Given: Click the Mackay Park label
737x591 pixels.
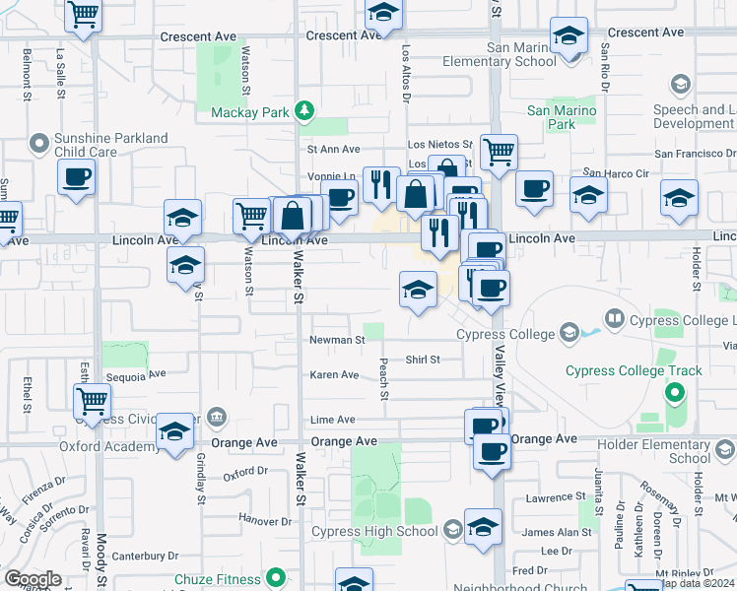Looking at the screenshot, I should pyautogui.click(x=250, y=112).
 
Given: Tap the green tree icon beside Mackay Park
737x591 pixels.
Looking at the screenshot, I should pyautogui.click(x=305, y=110).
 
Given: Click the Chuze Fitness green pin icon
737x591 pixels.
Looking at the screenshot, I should pyautogui.click(x=276, y=578).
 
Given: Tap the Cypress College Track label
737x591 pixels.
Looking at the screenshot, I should pyautogui.click(x=634, y=371).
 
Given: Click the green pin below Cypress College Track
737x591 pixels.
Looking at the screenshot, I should pyautogui.click(x=675, y=394).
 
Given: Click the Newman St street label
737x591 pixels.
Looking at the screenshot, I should pyautogui.click(x=337, y=340).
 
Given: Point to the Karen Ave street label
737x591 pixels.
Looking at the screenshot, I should pyautogui.click(x=335, y=375).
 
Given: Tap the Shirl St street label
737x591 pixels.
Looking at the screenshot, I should pyautogui.click(x=422, y=360).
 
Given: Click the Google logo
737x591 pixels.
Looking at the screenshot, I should pyautogui.click(x=33, y=579).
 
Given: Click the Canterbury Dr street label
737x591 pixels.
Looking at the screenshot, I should pyautogui.click(x=144, y=557).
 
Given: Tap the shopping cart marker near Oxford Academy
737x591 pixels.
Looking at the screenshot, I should pyautogui.click(x=92, y=401).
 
